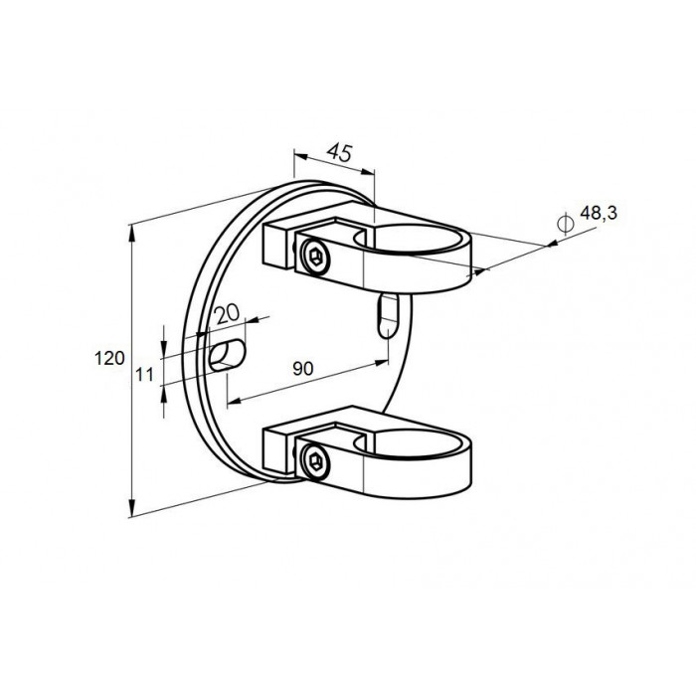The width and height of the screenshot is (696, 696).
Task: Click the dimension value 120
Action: tap(109, 358)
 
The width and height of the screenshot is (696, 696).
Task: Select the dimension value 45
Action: tap(340, 153)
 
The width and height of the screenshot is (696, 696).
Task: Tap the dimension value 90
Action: tap(303, 369)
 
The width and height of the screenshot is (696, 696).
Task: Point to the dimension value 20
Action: tap(227, 314)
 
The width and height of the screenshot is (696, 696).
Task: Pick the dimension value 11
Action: tap(144, 375)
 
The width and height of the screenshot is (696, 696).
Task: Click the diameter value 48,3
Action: tap(599, 214)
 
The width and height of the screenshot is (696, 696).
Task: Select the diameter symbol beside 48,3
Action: tap(565, 224)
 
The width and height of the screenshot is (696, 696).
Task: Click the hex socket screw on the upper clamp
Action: tap(315, 257)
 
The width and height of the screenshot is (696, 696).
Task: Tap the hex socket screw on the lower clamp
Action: tap(315, 462)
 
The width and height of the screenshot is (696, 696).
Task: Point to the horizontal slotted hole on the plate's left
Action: tap(228, 355)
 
